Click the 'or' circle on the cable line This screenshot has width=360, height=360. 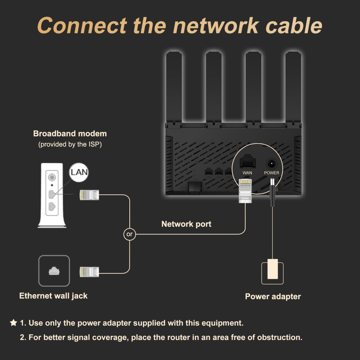pyautogui.click(x=129, y=234)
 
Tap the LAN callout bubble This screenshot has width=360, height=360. pyautogui.click(x=79, y=172)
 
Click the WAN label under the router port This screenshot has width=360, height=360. pyautogui.click(x=247, y=173)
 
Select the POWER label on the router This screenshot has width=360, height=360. pyautogui.click(x=271, y=173)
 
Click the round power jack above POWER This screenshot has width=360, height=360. pyautogui.click(x=271, y=163)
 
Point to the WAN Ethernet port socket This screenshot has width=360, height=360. pyautogui.click(x=247, y=162)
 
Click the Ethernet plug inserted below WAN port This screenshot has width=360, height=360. pyautogui.click(x=245, y=190)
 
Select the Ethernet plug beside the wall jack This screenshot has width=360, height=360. pyautogui.click(x=89, y=271)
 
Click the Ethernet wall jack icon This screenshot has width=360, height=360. pyautogui.click(x=54, y=271)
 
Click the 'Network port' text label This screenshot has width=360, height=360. pyautogui.click(x=186, y=224)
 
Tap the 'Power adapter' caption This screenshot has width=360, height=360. pyautogui.click(x=273, y=296)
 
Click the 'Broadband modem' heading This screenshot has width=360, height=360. pyautogui.click(x=70, y=134)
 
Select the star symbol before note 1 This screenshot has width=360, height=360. pyautogui.click(x=13, y=322)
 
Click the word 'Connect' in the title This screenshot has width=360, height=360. pyautogui.click(x=82, y=25)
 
